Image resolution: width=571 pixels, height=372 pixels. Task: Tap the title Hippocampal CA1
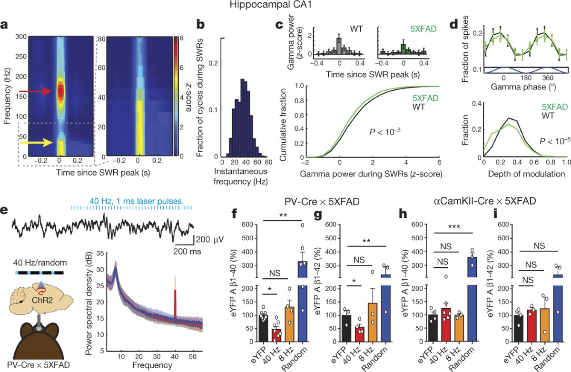[x=285, y=6]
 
